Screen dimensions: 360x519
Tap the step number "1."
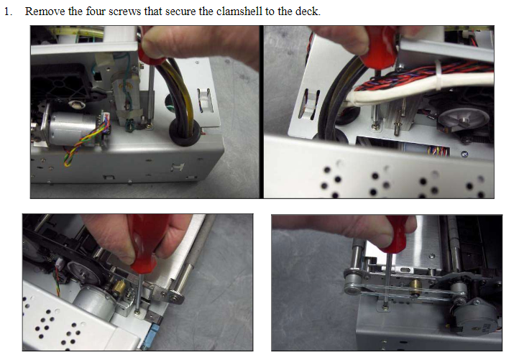click(9, 12)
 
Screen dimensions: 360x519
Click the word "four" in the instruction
click(95, 12)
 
